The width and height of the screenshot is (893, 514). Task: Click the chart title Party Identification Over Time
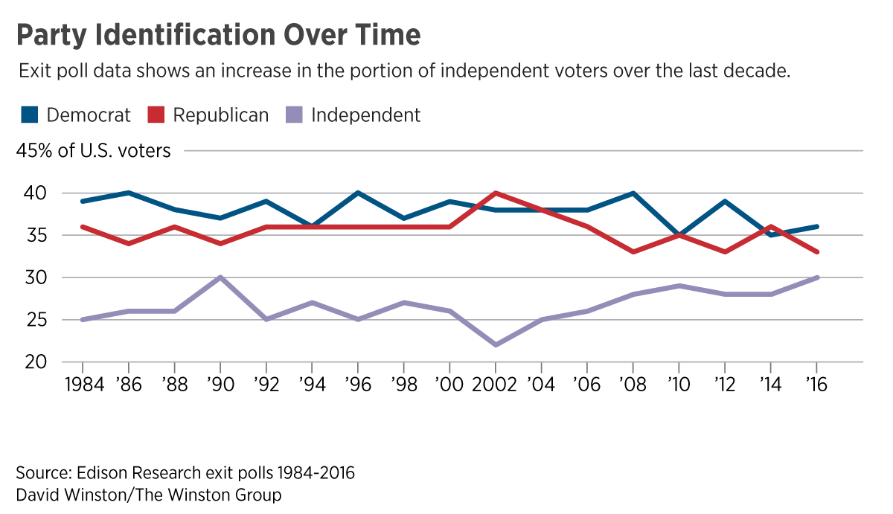point(218,35)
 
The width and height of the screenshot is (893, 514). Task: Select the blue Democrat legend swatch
point(29,115)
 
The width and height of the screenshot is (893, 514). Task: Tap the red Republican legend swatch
point(156,115)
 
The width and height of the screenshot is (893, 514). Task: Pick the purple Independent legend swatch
point(294,115)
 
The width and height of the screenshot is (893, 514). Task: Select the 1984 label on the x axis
point(82,386)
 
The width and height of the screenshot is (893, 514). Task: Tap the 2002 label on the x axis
point(495,386)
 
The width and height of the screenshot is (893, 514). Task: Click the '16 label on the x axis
point(816,386)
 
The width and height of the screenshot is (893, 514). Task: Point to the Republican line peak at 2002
point(495,193)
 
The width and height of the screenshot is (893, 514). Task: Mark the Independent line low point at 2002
point(495,345)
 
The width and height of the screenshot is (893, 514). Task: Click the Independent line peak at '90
point(220,277)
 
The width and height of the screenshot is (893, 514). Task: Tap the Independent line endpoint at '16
point(817,277)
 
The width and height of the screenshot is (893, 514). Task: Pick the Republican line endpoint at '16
point(817,252)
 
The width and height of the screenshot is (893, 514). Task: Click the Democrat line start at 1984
point(82,202)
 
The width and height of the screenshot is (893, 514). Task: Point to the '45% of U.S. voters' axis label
point(94,151)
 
